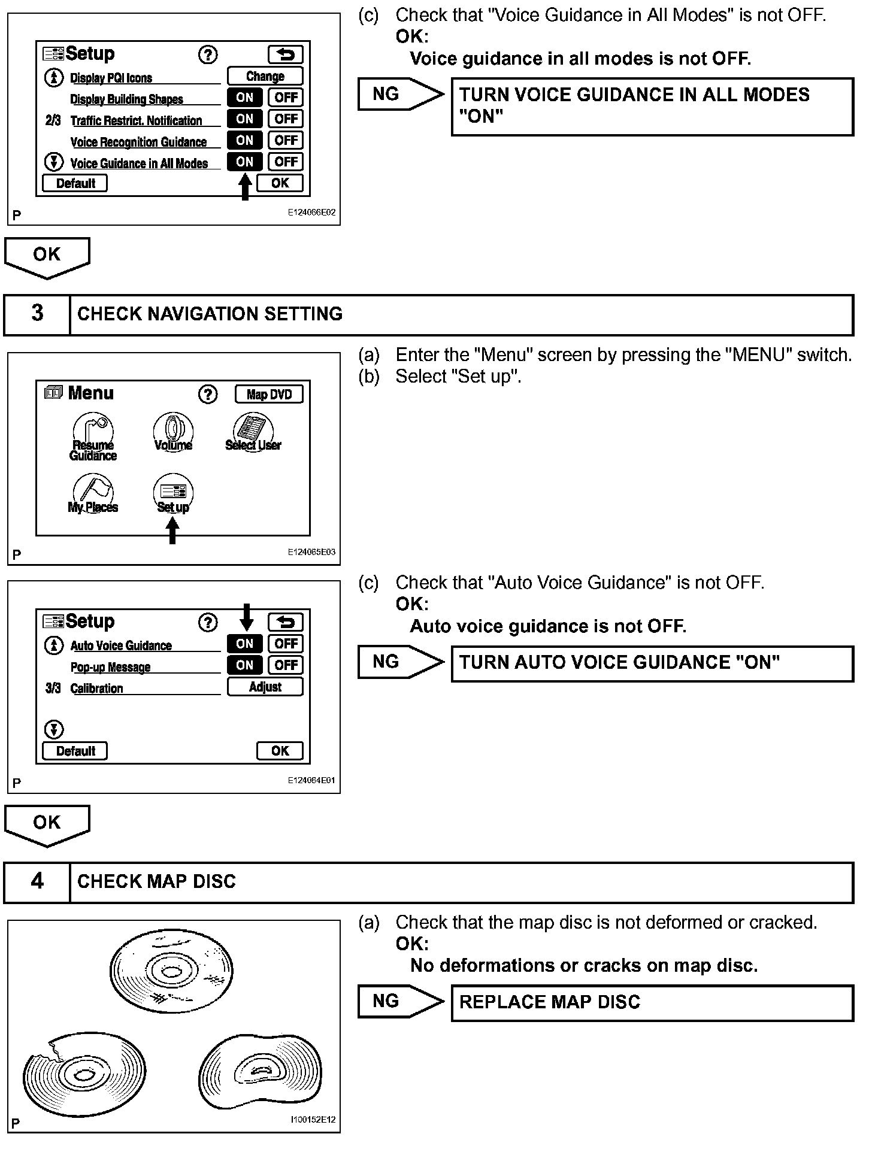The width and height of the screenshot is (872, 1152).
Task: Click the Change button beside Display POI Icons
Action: click(265, 76)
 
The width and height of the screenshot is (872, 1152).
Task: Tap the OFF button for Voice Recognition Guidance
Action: click(286, 140)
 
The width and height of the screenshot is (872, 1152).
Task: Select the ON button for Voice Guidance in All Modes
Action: click(244, 162)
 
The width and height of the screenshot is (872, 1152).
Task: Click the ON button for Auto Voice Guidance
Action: click(244, 644)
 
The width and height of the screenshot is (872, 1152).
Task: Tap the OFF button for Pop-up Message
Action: click(286, 665)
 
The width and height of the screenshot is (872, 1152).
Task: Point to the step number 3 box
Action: click(37, 314)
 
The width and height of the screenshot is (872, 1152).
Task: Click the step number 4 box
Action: click(37, 882)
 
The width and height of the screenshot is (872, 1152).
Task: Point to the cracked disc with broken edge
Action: click(84, 1072)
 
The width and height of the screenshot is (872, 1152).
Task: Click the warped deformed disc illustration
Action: click(261, 1072)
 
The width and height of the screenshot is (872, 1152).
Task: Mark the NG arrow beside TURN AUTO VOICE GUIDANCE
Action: click(400, 662)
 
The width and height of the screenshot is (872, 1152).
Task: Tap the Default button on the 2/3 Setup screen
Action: click(75, 183)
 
